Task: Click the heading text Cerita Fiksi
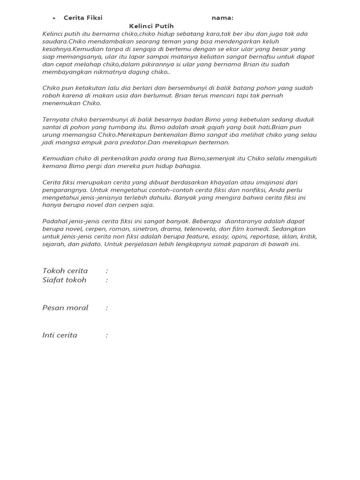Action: [83, 18]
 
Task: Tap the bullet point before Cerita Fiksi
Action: [54, 18]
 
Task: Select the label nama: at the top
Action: [222, 18]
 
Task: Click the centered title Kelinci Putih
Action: [151, 26]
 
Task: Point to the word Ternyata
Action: [55, 120]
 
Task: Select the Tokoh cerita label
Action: [65, 271]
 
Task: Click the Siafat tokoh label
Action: [64, 280]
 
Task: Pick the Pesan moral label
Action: [65, 308]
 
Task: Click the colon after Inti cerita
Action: [107, 336]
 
